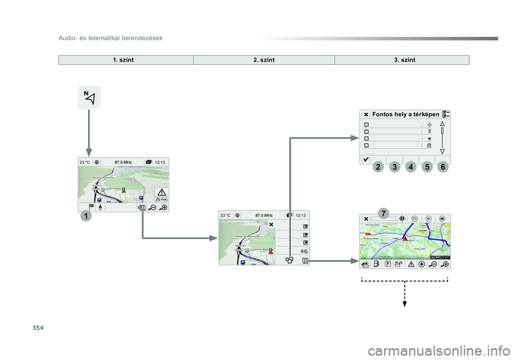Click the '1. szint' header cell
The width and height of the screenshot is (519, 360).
pos(124,59)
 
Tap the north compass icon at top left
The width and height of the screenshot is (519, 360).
pos(89,97)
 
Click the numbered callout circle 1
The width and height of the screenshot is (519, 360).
pos(85,216)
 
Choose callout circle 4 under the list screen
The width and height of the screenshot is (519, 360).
pos(411,168)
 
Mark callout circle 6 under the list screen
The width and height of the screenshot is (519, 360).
pos(443,168)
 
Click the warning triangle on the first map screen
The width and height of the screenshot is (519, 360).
pos(162,193)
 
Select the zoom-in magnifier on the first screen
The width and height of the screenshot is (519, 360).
pos(163,207)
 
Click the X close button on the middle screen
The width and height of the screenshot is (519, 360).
pos(271,224)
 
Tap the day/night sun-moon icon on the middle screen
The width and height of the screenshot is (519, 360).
pos(305,250)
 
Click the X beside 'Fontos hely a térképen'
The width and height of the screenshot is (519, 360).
pos(366,114)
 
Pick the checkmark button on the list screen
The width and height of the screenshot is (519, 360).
pos(367,159)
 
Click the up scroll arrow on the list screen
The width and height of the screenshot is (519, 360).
pos(442,123)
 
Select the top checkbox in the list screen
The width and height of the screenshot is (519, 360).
pos(367,124)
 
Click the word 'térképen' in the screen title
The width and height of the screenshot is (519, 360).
pos(425,114)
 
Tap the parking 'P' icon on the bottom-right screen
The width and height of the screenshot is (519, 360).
pos(388,264)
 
